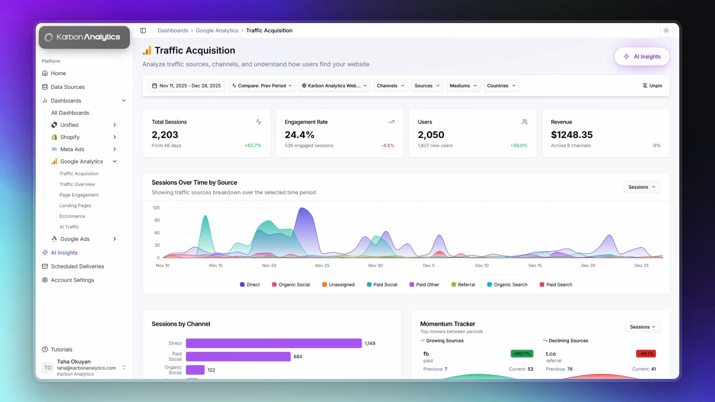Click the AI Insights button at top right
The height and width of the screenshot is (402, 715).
(x=642, y=57)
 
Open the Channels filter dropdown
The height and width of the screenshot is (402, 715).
(x=390, y=86)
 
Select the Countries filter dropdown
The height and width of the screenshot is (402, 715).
(x=501, y=86)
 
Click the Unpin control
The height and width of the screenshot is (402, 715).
(x=652, y=86)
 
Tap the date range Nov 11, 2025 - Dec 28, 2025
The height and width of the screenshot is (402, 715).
(x=186, y=86)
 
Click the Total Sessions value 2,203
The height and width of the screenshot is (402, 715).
(x=165, y=135)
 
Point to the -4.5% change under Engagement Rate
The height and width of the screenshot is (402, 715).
(x=387, y=146)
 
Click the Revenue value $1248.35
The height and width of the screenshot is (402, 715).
(x=572, y=135)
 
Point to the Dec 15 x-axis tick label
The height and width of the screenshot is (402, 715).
(x=535, y=266)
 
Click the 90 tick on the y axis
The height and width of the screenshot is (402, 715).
(x=157, y=220)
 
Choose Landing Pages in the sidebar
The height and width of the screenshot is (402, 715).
(x=75, y=205)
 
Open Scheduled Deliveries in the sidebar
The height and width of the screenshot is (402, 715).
(x=77, y=267)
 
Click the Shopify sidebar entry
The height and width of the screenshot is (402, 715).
(x=70, y=137)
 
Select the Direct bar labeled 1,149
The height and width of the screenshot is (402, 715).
(x=274, y=343)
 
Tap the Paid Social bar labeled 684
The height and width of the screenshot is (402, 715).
(x=238, y=357)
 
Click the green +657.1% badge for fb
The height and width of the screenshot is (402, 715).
(x=522, y=354)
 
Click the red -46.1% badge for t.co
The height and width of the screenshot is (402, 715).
(x=646, y=354)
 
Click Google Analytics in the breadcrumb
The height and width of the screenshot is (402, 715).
(x=217, y=31)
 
